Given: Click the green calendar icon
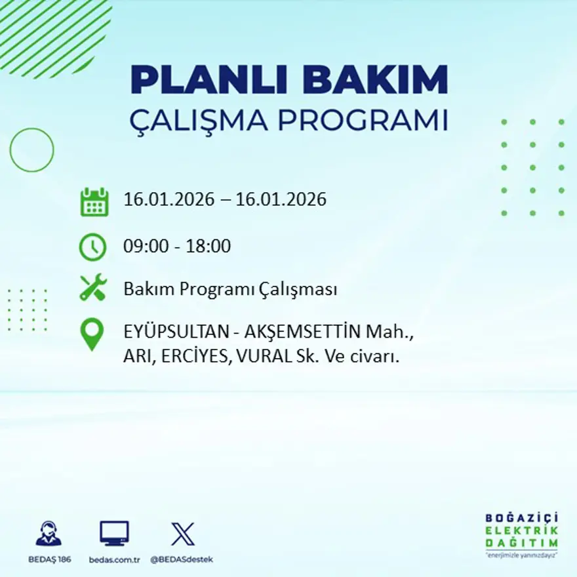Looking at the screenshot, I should (94, 202).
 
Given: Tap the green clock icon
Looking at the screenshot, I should (92, 247).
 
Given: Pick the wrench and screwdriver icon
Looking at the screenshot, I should (93, 288).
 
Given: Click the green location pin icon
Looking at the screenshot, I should (92, 334).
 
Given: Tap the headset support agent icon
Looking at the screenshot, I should (49, 533).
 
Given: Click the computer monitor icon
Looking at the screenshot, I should (114, 533).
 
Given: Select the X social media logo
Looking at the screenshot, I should (182, 533).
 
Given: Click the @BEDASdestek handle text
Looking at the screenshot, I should (182, 559).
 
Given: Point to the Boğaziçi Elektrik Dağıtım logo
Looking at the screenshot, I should (521, 534).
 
